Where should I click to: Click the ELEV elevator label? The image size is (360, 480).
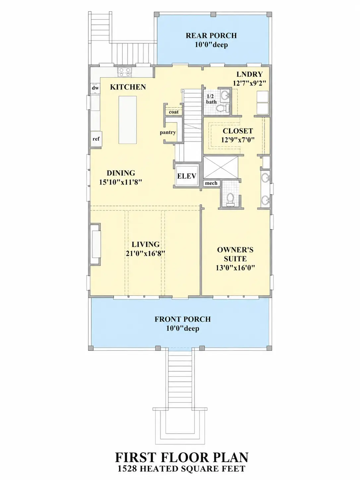187,176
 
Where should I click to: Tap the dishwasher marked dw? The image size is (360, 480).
95,88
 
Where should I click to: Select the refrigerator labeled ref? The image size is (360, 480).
96,139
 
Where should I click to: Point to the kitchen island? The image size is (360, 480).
128,120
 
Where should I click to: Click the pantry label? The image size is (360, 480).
168,133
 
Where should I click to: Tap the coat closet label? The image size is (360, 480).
174,112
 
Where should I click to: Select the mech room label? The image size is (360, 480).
211,183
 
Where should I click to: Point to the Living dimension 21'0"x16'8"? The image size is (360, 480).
145,254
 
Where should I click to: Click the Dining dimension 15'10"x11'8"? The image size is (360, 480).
121,182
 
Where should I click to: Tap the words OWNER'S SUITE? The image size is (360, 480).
235,254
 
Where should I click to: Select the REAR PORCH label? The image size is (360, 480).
211,35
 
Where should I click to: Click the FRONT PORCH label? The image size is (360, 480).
183,319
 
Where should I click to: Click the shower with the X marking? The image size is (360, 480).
220,167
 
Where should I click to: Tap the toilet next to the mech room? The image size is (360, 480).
230,200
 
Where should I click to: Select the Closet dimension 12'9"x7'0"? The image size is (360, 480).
238,140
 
